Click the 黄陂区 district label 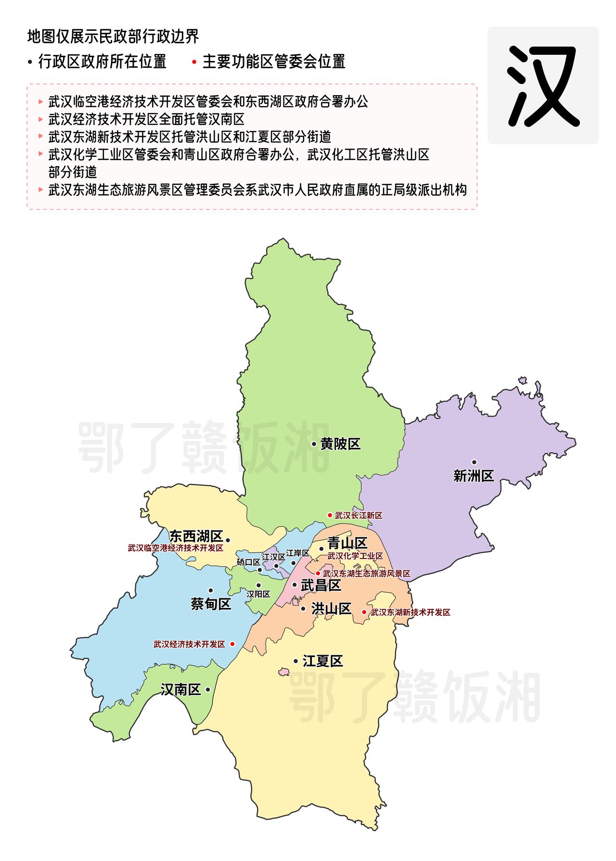pyautogui.click(x=341, y=444)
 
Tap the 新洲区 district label pyautogui.click(x=474, y=476)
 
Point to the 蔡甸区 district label pyautogui.click(x=211, y=604)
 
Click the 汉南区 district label pyautogui.click(x=180, y=690)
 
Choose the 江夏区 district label pyautogui.click(x=322, y=661)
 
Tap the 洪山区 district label pyautogui.click(x=331, y=609)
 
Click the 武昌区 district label pyautogui.click(x=321, y=585)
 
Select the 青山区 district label pyautogui.click(x=347, y=544)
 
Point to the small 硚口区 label pyautogui.click(x=248, y=562)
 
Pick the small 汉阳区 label pyautogui.click(x=258, y=595)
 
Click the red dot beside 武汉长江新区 pyautogui.click(x=330, y=515)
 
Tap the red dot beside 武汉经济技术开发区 pyautogui.click(x=232, y=644)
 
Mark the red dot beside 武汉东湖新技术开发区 pyautogui.click(x=364, y=612)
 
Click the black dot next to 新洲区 pyautogui.click(x=474, y=462)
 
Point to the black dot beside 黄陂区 pyautogui.click(x=314, y=444)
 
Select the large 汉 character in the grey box pyautogui.click(x=543, y=86)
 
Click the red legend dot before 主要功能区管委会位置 pyautogui.click(x=194, y=62)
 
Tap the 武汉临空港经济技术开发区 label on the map pyautogui.click(x=176, y=548)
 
